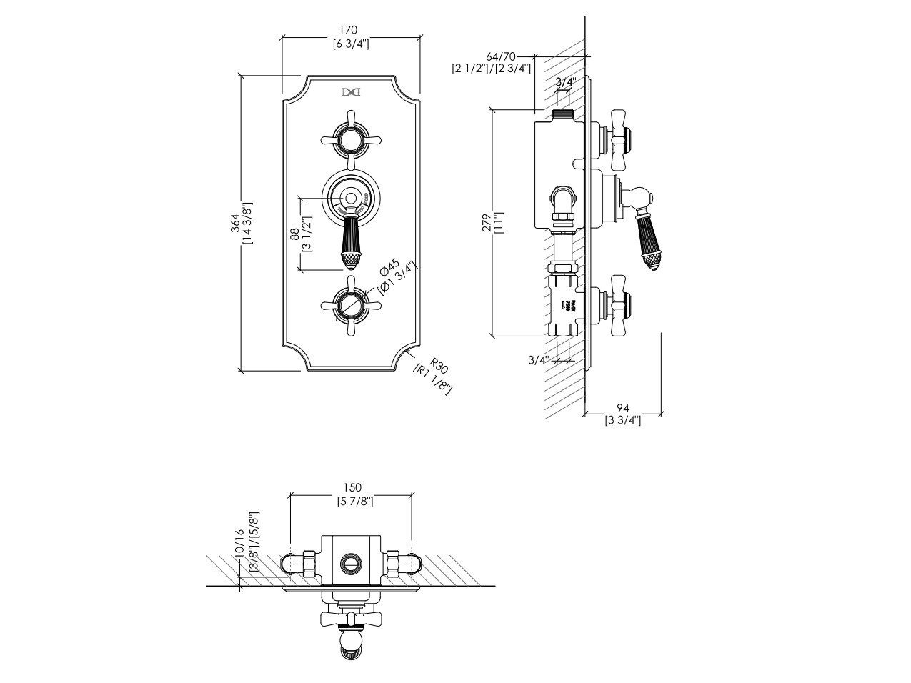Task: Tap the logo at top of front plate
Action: pyautogui.click(x=350, y=92)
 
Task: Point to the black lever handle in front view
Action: pyautogui.click(x=350, y=243)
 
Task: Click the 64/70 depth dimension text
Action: pyautogui.click(x=500, y=56)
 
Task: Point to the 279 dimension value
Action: pyautogui.click(x=485, y=222)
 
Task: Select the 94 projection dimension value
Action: pyautogui.click(x=622, y=408)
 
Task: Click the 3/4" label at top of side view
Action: pyautogui.click(x=564, y=82)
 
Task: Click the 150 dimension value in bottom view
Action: pyautogui.click(x=350, y=487)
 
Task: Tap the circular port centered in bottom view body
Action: pyautogui.click(x=351, y=562)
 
